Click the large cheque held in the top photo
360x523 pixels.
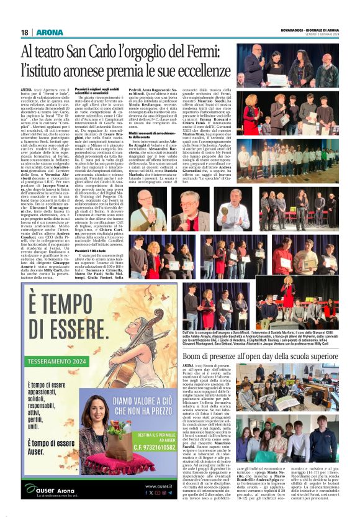click(x=277, y=80)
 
